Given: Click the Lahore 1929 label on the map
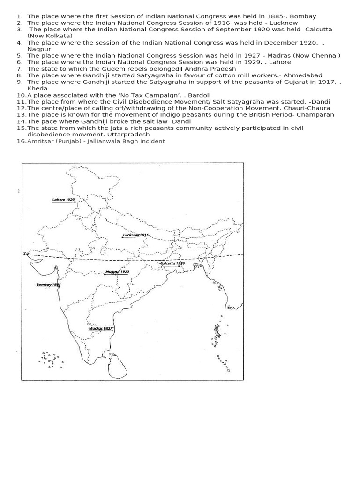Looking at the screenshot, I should (x=63, y=199).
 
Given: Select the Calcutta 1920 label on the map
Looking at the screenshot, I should (x=173, y=263).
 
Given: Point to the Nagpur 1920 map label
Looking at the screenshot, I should (x=117, y=272).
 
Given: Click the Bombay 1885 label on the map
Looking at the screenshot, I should (x=49, y=285).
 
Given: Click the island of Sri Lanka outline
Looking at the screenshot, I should (x=115, y=366).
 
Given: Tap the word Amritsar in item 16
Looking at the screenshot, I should (x=41, y=141).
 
